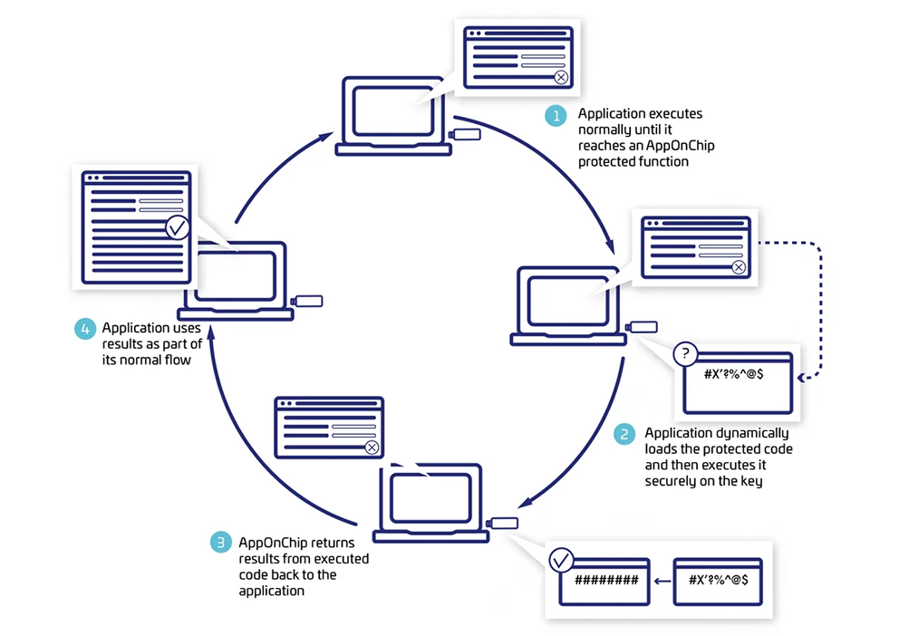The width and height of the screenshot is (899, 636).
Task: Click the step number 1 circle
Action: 555,115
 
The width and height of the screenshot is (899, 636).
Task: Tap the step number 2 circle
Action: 624,435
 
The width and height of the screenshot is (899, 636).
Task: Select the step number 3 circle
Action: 219,542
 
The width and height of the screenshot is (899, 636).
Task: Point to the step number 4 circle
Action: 85,328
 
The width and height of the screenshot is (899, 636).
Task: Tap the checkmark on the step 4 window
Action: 179,226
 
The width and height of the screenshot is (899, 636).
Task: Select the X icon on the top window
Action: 561,78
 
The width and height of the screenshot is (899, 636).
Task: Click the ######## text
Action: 607,580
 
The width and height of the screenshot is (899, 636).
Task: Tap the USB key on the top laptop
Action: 467,136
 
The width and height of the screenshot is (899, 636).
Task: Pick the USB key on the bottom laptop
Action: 504,523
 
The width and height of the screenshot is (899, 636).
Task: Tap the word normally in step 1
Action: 605,130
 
